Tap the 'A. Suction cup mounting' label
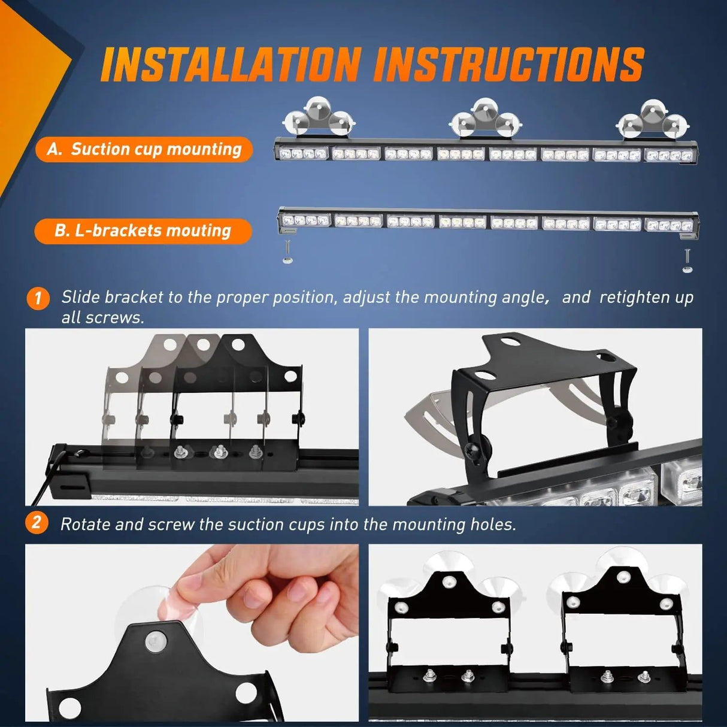pyautogui.click(x=144, y=149)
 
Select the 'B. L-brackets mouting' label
pyautogui.click(x=143, y=231)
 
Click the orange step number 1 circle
pyautogui.click(x=38, y=298)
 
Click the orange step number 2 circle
pyautogui.click(x=37, y=523)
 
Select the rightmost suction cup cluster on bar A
pyautogui.click(x=652, y=119)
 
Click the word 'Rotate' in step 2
pyautogui.click(x=85, y=525)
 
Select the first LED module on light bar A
pyautogui.click(x=302, y=154)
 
